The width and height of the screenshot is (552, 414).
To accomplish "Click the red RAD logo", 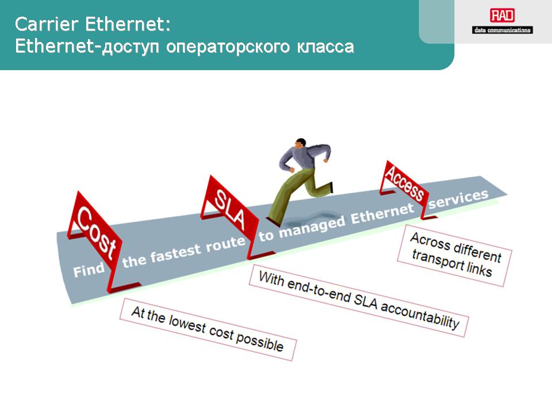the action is point(503,16).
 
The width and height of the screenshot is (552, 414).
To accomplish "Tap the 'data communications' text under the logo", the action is point(503,30).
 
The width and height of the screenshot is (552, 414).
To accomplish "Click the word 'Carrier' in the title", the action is point(47,24).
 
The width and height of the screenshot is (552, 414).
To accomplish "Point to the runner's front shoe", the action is point(273,221).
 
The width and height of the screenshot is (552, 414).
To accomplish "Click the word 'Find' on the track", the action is point(89,270).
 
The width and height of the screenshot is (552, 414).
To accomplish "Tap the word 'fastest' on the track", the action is point(176,253).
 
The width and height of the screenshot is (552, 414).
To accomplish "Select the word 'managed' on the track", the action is point(312,228).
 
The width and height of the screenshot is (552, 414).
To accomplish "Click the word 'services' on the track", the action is point(458,199).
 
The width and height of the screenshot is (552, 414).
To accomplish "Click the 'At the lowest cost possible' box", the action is point(208,329).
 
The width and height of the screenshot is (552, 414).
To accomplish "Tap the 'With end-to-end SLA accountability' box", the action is point(359,300).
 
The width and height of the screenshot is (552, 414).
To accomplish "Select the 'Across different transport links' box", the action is point(455,255).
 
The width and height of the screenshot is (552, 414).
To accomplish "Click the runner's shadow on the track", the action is point(310,219).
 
